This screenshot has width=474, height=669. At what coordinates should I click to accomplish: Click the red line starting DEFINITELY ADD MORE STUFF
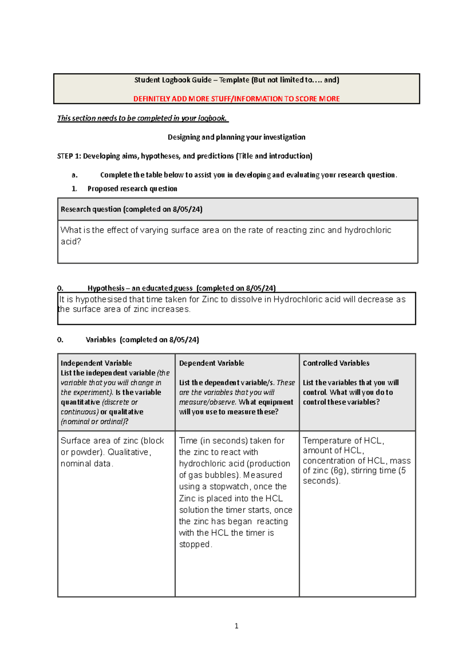[x=236, y=99]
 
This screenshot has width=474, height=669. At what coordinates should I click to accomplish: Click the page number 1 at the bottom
[x=236, y=626]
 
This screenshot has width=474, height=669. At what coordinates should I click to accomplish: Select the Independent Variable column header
[x=96, y=363]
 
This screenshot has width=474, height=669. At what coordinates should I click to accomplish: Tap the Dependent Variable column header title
[x=211, y=363]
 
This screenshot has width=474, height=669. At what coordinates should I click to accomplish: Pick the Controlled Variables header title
[x=336, y=363]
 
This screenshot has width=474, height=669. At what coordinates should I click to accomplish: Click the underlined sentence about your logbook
[x=142, y=118]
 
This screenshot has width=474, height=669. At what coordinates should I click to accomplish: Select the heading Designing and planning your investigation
[x=236, y=137]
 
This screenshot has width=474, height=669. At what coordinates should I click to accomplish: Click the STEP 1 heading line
[x=184, y=156]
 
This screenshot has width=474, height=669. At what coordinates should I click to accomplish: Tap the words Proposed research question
[x=132, y=189]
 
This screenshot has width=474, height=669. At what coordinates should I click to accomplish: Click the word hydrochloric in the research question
[x=367, y=230]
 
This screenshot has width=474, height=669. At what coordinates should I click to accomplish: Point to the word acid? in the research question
[x=71, y=242]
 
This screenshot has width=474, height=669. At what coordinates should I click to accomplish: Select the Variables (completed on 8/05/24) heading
[x=142, y=340]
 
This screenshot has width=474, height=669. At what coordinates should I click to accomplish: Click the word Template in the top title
[x=234, y=80]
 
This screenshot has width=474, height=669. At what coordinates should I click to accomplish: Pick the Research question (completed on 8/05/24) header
[x=131, y=209]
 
